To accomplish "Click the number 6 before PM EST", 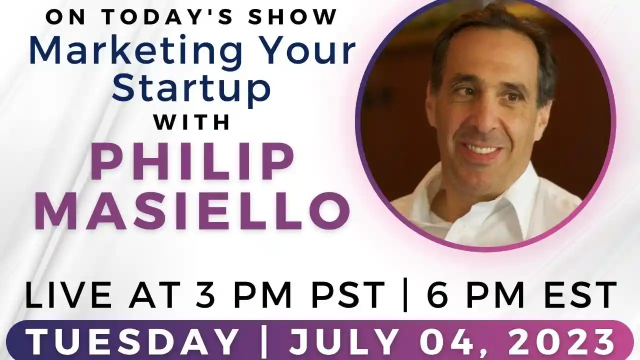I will [438, 295].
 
